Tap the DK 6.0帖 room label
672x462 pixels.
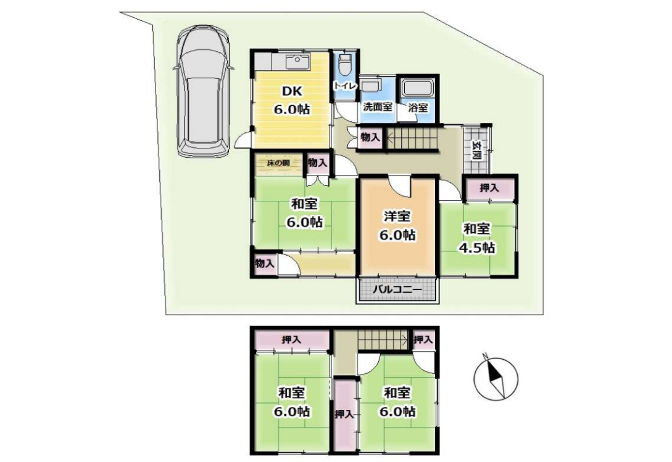(292, 100)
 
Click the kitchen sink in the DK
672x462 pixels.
(297, 62)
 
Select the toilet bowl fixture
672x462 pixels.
(344, 65)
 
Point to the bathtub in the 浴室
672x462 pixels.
(418, 87)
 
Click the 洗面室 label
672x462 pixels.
(378, 107)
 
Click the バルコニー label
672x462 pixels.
(397, 290)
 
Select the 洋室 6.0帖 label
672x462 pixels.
(397, 225)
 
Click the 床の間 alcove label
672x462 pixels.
(278, 163)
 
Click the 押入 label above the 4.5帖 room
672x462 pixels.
(489, 188)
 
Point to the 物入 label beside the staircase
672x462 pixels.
(370, 137)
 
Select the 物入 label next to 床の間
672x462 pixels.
(318, 163)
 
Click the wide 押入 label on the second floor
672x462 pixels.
(291, 340)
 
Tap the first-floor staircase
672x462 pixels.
(412, 138)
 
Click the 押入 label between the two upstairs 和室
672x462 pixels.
(344, 414)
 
